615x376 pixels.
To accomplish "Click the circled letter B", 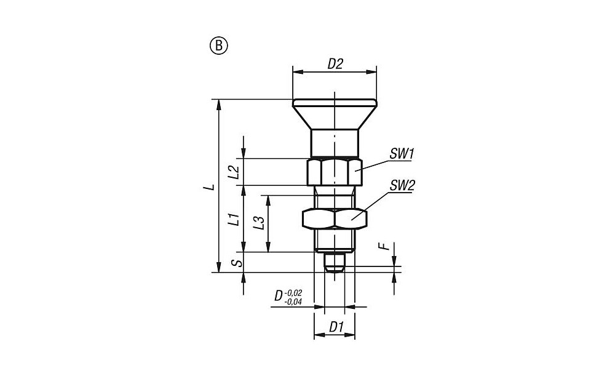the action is (220, 46).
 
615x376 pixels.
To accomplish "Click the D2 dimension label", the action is (335, 63).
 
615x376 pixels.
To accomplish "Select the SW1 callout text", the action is (402, 153).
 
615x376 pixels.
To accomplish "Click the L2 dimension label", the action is (234, 172).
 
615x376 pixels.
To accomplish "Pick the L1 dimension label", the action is (234, 219).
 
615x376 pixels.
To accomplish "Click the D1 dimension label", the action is (336, 326).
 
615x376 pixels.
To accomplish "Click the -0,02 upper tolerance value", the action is (293, 293).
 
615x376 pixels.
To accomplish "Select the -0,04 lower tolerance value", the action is (293, 302).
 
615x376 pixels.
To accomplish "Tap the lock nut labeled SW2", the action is (335, 218).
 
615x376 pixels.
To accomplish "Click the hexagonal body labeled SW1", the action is (334, 172).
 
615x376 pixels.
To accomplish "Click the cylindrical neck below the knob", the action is (335, 143).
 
